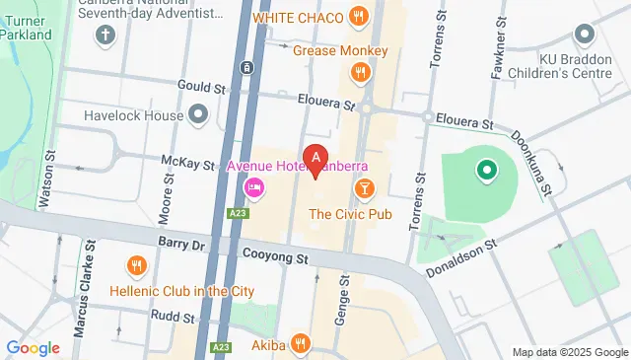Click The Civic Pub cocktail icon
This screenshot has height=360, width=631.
365,187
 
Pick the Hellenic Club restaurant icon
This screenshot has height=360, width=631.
137,265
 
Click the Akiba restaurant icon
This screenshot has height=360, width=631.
302,343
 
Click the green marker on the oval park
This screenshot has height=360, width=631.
485,173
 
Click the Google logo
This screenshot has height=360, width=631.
33,348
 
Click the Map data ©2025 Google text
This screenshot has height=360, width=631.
569,352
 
